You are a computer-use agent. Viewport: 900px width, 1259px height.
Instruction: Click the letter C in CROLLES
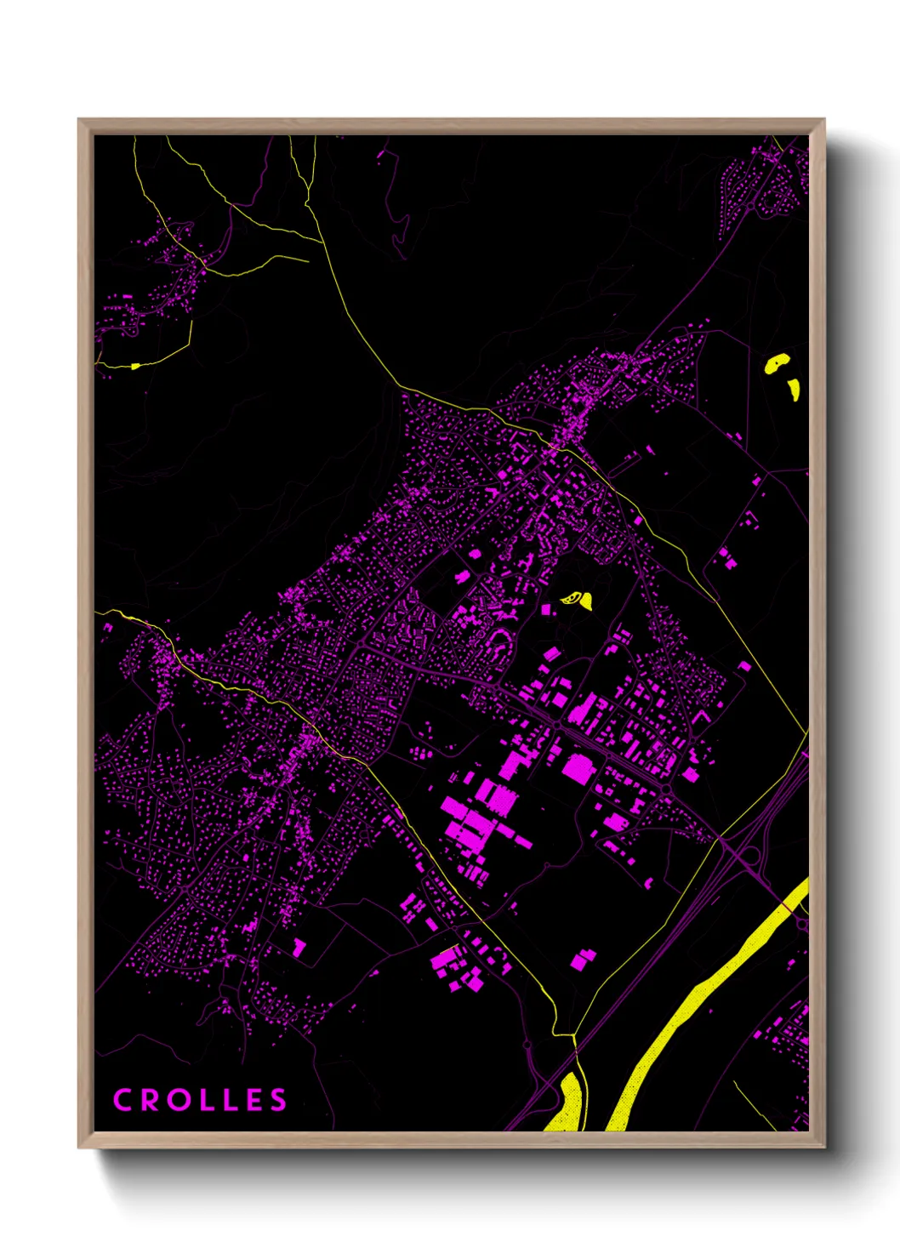pos(123,1100)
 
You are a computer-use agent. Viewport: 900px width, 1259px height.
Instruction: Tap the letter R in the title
pos(149,1100)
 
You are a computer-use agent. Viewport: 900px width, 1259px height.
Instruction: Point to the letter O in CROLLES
pos(176,1100)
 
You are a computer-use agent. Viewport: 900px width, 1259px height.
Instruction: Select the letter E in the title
pos(254,1100)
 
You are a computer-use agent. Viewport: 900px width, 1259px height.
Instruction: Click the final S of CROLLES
pos(278,1100)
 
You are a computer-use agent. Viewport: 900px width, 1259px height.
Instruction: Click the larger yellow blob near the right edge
pos(777,364)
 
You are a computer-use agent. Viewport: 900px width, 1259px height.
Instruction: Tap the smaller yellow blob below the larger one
pos(795,390)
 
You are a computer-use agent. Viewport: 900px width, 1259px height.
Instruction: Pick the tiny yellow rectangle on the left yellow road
pos(134,367)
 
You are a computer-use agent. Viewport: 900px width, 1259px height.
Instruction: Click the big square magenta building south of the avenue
pos(577,768)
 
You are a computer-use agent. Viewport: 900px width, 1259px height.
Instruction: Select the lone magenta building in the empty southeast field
pos(583,960)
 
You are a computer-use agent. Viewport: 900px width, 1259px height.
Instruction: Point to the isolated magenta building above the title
pos(299,947)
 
